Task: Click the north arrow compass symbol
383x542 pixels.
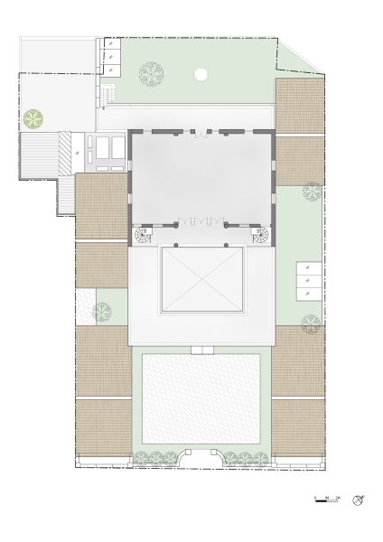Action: click(360, 500)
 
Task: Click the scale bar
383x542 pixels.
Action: click(327, 500)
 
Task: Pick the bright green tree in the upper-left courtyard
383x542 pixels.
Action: click(34, 117)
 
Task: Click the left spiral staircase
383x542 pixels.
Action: click(144, 237)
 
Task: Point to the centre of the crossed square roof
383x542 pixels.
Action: click(202, 279)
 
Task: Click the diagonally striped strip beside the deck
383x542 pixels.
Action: click(64, 150)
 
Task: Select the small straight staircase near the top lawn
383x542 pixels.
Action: click(107, 94)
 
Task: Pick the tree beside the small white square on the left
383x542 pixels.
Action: click(102, 310)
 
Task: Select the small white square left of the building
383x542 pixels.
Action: click(84, 305)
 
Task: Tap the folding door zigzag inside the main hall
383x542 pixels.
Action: click(200, 219)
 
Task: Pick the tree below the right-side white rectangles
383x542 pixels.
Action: click(311, 322)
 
